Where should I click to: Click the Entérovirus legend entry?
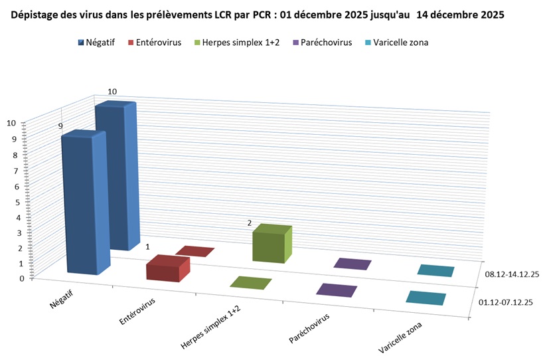(153, 43)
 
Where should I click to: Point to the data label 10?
(112, 92)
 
